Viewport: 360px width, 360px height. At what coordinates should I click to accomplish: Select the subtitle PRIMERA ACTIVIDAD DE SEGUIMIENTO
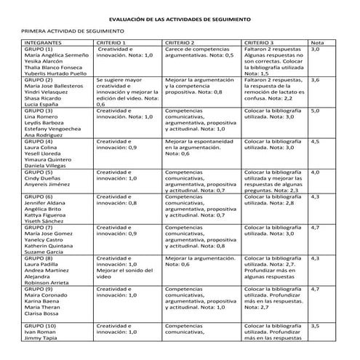[x=74, y=32]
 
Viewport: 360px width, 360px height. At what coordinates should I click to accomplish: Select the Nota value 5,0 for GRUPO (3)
[x=316, y=111]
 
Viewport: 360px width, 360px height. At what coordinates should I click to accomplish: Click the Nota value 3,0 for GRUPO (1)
[x=316, y=49]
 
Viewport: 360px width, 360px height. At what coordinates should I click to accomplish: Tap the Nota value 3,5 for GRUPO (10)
[x=316, y=326]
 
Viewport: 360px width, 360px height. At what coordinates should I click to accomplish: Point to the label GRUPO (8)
[x=39, y=258]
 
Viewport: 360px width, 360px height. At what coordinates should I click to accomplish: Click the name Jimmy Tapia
[x=41, y=337]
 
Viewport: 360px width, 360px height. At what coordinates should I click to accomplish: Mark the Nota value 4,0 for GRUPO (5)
[x=316, y=172]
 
